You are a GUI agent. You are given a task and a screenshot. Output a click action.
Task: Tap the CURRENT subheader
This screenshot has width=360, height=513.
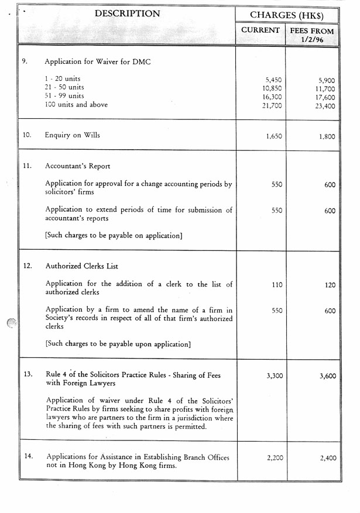[260, 30]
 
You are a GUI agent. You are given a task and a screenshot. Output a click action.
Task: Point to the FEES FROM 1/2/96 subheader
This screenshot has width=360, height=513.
[312, 35]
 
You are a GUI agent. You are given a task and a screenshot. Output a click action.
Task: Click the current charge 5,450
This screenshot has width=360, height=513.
[273, 79]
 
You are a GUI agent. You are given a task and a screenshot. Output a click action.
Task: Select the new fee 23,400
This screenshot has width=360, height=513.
[325, 106]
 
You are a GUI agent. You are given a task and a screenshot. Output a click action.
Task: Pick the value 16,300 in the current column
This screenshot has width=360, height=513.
[272, 97]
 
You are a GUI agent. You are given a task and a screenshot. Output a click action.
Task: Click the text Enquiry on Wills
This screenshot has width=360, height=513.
[73, 135]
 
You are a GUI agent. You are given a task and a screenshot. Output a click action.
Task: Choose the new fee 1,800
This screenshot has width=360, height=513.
[327, 136]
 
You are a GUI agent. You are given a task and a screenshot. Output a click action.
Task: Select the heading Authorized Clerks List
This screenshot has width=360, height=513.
[82, 266]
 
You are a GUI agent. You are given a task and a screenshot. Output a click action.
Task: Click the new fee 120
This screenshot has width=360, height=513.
[330, 286]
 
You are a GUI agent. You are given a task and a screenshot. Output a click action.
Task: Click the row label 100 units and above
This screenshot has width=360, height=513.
[76, 105]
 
